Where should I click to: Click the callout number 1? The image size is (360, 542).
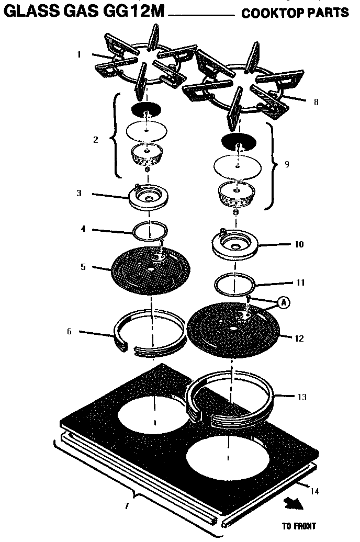(79, 54)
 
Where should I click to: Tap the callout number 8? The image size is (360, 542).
(316, 103)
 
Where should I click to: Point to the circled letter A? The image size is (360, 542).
(283, 302)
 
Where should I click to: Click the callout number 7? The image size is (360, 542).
(126, 506)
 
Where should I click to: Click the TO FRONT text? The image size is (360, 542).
(298, 526)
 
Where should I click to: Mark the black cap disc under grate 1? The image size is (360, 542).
(146, 110)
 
